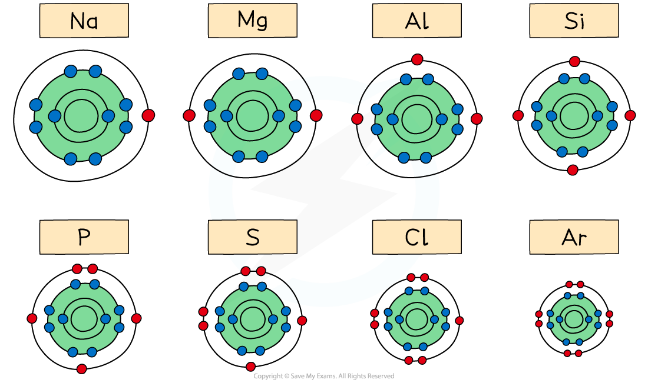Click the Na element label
[84, 22]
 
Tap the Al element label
[416, 22]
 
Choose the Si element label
[574, 22]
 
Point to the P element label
[84, 238]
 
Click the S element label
[252, 238]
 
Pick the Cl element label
[416, 238]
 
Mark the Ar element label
[574, 238]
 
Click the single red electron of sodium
[148, 116]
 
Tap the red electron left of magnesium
[189, 116]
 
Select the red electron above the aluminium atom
[417, 59]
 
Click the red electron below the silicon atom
[573, 170]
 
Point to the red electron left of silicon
[518, 116]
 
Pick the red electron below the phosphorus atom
[82, 369]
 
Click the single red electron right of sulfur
[302, 321]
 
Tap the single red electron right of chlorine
[459, 321]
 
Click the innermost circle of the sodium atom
[81, 116]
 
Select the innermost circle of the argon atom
[574, 319]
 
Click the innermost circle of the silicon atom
[573, 115]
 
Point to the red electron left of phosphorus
[32, 318]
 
